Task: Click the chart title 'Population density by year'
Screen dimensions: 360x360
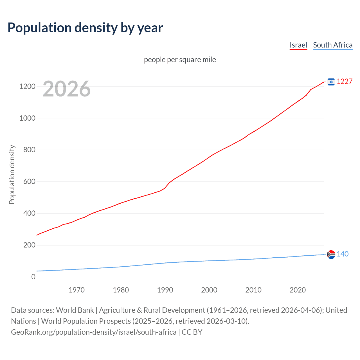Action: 85,28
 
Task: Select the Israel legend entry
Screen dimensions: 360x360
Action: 298,45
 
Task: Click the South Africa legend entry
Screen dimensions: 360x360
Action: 332,45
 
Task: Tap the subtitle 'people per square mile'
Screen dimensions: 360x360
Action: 180,60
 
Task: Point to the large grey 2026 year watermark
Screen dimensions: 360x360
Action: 67,89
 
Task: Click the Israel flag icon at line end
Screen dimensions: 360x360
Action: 331,82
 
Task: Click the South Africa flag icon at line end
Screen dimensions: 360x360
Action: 331,254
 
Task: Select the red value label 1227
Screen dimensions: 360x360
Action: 344,82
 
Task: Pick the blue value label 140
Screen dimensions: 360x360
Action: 342,254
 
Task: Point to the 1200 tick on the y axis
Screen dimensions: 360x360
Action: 27,86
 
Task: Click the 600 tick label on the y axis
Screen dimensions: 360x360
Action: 29,182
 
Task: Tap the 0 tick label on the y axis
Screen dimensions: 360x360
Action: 33,277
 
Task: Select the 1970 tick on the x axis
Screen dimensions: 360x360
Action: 76,290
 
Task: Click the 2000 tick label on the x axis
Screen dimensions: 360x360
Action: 209,290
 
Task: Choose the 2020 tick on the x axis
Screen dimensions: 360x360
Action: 298,290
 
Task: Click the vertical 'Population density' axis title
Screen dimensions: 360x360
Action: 12,174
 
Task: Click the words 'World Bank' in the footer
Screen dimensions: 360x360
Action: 75,310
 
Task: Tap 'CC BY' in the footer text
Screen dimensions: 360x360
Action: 192,332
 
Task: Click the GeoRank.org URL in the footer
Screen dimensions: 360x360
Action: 94,332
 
